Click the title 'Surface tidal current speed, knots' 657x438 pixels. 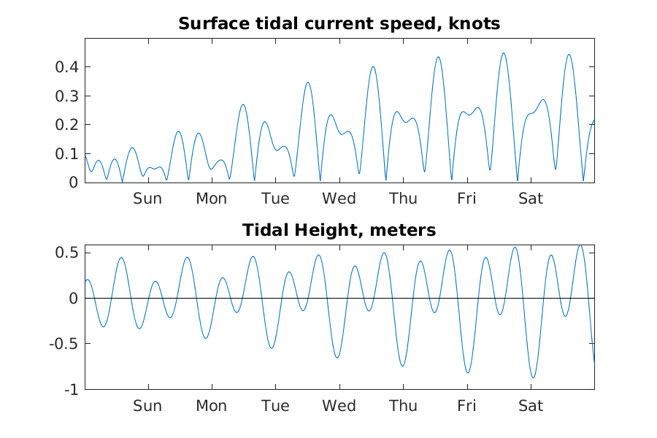[339, 23]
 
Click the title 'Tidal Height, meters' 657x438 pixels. [339, 231]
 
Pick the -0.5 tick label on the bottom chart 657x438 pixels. [65, 344]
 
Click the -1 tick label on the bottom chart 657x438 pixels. [71, 390]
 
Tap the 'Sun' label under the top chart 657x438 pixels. [147, 199]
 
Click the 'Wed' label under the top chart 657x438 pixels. [339, 199]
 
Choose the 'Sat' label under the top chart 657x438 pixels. [531, 199]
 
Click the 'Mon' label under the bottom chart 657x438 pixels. [211, 406]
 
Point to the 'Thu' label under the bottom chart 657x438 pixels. [403, 406]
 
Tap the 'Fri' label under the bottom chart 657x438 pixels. [467, 406]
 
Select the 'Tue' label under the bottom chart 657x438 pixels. [275, 406]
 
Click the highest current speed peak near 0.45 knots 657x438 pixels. [503, 53]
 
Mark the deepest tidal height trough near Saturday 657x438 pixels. [534, 377]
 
